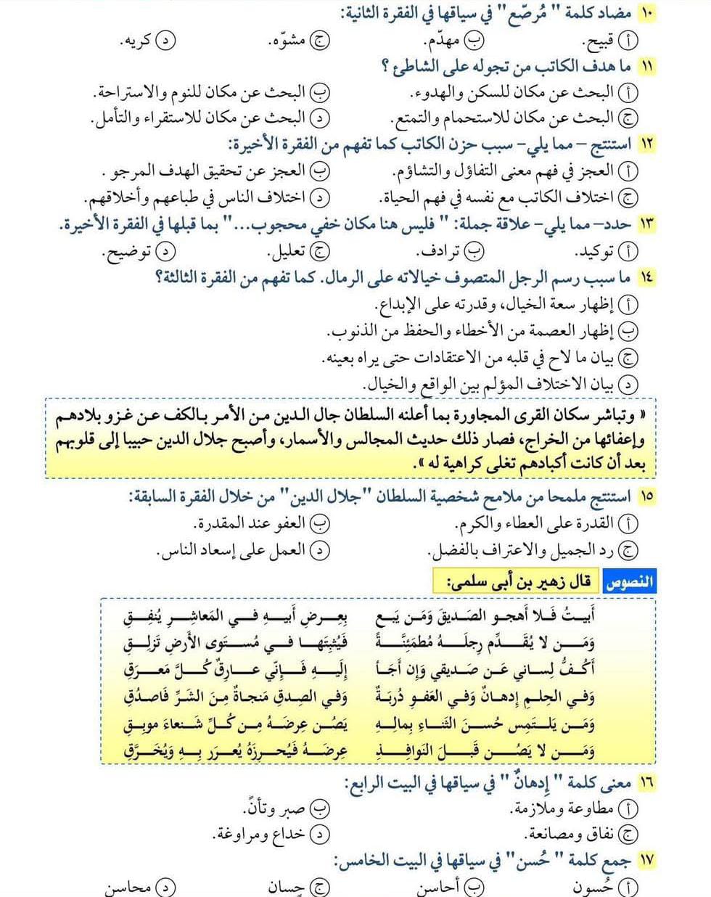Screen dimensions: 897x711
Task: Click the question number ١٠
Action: click(x=646, y=14)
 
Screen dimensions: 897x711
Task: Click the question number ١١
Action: click(x=646, y=66)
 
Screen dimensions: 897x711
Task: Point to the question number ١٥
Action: click(x=646, y=496)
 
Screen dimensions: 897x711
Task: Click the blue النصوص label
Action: click(x=628, y=581)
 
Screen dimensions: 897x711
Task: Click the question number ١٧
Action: click(x=646, y=860)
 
